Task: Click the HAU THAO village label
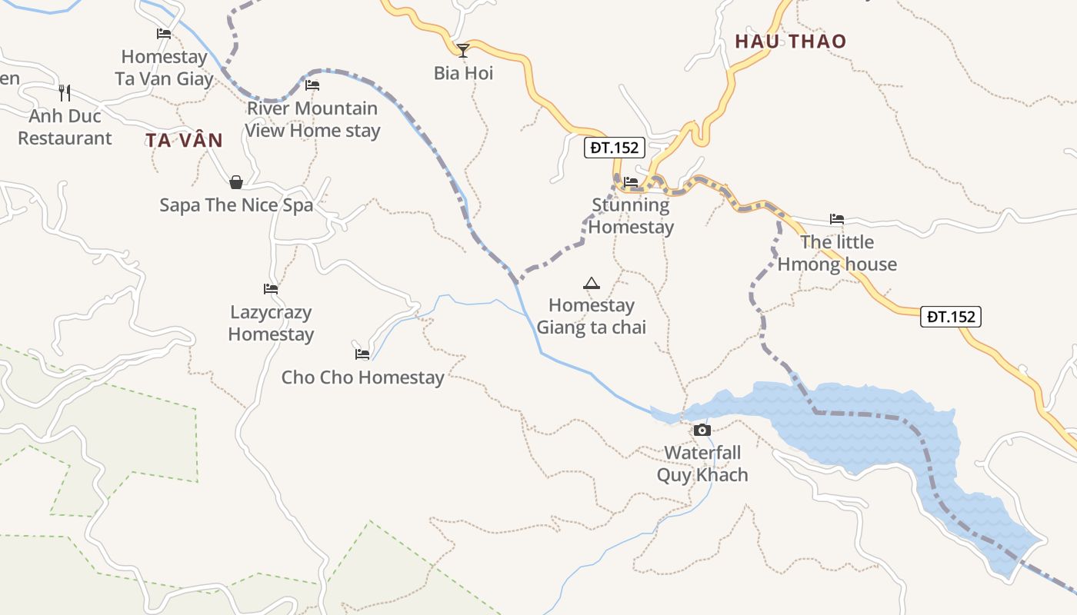click(x=790, y=42)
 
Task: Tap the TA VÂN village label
click(x=185, y=141)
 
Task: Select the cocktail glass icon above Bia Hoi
click(x=463, y=51)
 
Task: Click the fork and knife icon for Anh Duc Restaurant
click(x=65, y=93)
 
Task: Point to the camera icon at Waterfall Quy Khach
click(x=702, y=430)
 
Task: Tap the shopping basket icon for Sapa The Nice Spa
click(x=236, y=182)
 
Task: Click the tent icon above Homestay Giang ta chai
click(x=591, y=283)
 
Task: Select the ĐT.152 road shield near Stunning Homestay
click(x=614, y=148)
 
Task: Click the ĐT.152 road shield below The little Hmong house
click(x=951, y=316)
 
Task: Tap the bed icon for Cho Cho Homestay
click(x=362, y=354)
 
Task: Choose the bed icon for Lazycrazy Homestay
click(x=271, y=289)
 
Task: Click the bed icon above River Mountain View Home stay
click(x=312, y=85)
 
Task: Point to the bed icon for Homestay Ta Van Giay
click(x=164, y=34)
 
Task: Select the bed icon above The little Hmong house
click(x=837, y=219)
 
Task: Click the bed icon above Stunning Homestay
click(x=631, y=182)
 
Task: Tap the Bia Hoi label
click(x=463, y=74)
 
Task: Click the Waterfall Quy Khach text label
click(x=702, y=464)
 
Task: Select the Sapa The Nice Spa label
click(x=236, y=205)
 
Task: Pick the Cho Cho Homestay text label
click(x=362, y=377)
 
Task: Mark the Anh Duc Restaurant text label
click(x=65, y=128)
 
